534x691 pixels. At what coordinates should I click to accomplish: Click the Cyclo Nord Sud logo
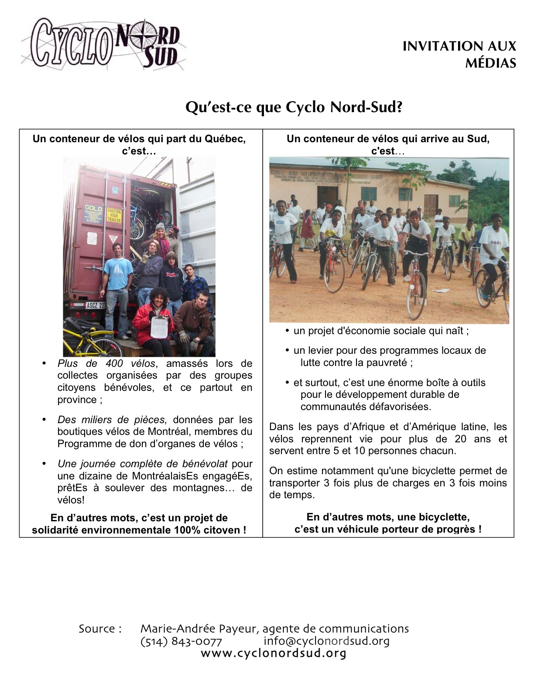pos(104,45)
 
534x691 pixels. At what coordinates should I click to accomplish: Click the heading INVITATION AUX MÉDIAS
pos(459,55)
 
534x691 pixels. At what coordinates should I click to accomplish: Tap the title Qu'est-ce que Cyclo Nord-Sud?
pos(294,107)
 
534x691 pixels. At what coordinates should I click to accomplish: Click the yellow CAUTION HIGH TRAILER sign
pos(113,216)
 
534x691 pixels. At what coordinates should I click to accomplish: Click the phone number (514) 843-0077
pos(181,641)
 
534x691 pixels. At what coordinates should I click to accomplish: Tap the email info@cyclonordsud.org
pos(326,641)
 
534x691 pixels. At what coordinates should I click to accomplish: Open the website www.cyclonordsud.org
pos(274,653)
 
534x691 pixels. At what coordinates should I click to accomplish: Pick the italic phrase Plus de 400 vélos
pos(106,363)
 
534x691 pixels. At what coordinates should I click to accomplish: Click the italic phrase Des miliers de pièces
pos(112,420)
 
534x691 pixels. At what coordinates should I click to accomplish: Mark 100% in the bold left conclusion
pos(186,530)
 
